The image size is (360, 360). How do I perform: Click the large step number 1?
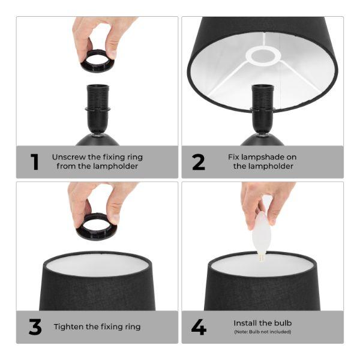coord(35,162)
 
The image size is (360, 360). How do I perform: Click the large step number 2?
coord(199,162)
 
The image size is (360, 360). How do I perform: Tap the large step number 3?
coord(35,327)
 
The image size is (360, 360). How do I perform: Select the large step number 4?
coord(199,327)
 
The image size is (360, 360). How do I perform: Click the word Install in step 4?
coord(246,323)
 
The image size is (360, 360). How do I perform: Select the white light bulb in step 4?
coord(262,235)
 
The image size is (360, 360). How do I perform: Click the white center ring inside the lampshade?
coord(263,57)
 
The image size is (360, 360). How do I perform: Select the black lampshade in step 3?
coord(96,288)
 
